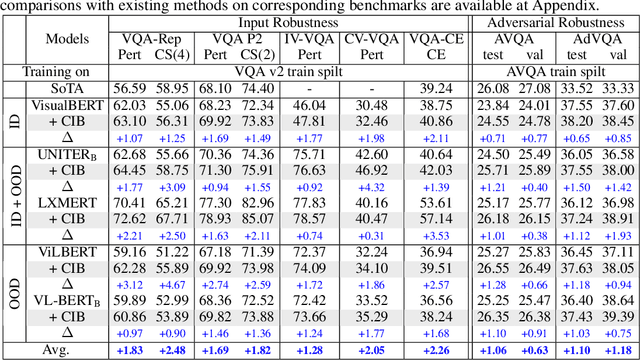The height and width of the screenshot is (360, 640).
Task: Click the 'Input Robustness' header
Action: click(297, 22)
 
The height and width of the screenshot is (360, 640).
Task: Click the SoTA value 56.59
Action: click(131, 88)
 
